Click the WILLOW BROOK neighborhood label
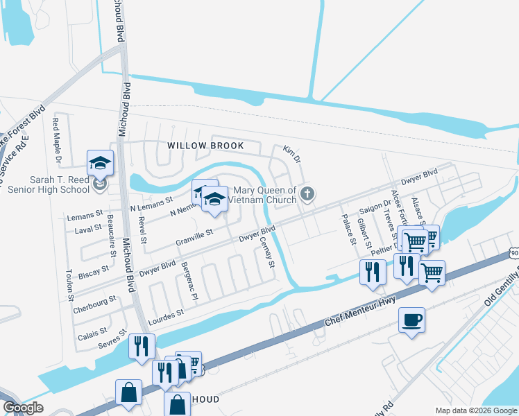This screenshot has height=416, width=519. [205, 146]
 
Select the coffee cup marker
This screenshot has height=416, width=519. [412, 320]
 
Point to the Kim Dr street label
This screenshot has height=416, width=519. [291, 155]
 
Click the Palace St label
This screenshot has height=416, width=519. [347, 224]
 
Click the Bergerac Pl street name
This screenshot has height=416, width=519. [189, 279]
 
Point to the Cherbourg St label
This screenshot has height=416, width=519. [94, 304]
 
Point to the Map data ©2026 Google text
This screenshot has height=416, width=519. [476, 410]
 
